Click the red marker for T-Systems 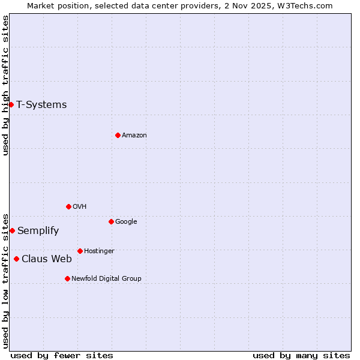pyautogui.click(x=11, y=104)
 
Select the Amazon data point pyautogui.click(x=118, y=135)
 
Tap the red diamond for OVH pyautogui.click(x=68, y=206)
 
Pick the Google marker pyautogui.click(x=111, y=221)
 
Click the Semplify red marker pyautogui.click(x=12, y=230)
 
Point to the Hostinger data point pyautogui.click(x=80, y=251)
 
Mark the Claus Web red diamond pyautogui.click(x=16, y=259)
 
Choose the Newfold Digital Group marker pyautogui.click(x=67, y=278)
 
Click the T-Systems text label pyautogui.click(x=41, y=104)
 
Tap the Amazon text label pyautogui.click(x=134, y=135)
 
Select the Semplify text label pyautogui.click(x=38, y=230)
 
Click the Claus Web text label pyautogui.click(x=47, y=259)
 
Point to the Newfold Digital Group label pyautogui.click(x=106, y=278)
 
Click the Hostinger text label pyautogui.click(x=99, y=251)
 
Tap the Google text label pyautogui.click(x=126, y=221)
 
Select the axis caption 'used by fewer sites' pyautogui.click(x=62, y=355)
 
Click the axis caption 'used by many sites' pyautogui.click(x=301, y=355)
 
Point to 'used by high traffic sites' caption pyautogui.click(x=5, y=85)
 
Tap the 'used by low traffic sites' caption pyautogui.click(x=5, y=280)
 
